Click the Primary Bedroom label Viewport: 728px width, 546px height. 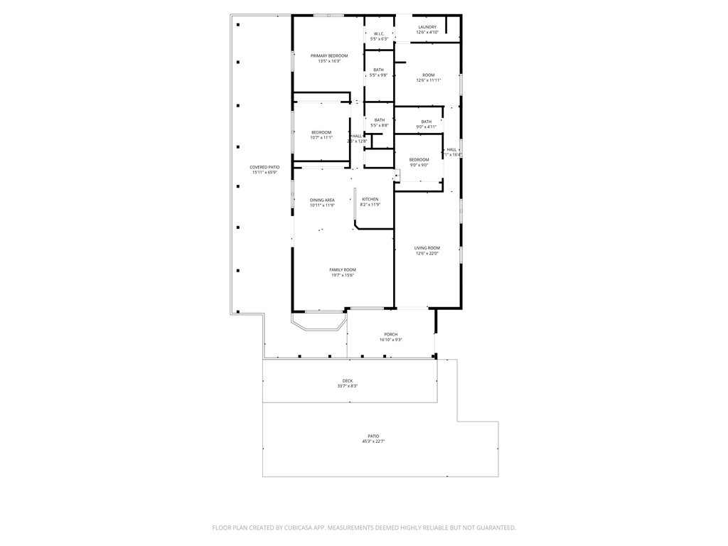click(329, 55)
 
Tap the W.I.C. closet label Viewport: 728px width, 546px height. click(379, 33)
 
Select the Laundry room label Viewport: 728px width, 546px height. click(427, 27)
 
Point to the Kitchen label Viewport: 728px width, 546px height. click(370, 199)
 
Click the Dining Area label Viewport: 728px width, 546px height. click(322, 200)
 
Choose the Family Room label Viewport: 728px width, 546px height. click(343, 270)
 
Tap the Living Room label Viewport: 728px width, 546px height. click(427, 248)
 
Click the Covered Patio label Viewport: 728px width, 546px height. click(264, 167)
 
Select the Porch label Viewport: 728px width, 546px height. click(391, 334)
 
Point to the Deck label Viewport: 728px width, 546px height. click(348, 381)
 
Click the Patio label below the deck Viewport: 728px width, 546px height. click(373, 437)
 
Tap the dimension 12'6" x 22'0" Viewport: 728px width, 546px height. click(427, 253)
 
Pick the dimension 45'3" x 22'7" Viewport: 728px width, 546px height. click(373, 441)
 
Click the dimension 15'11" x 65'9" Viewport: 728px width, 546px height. click(264, 172)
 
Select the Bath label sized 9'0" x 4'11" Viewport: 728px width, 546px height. click(426, 122)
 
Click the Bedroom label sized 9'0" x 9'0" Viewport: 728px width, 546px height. click(419, 160)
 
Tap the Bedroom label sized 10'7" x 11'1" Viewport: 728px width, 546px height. click(321, 132)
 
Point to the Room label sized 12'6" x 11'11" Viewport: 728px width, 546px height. click(429, 75)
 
